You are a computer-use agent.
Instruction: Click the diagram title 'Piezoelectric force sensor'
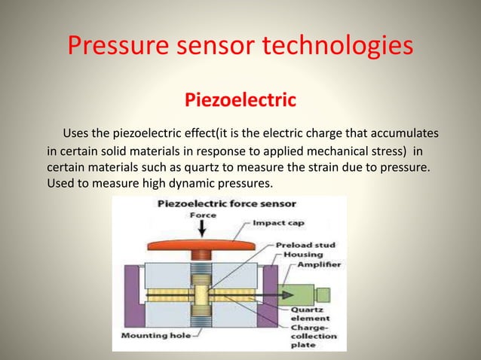click(x=226, y=203)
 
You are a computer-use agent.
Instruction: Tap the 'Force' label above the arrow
click(x=202, y=214)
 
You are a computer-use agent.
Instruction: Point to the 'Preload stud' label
click(x=305, y=245)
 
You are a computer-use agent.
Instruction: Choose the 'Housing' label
click(x=303, y=255)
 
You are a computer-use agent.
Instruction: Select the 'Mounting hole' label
click(x=147, y=336)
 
